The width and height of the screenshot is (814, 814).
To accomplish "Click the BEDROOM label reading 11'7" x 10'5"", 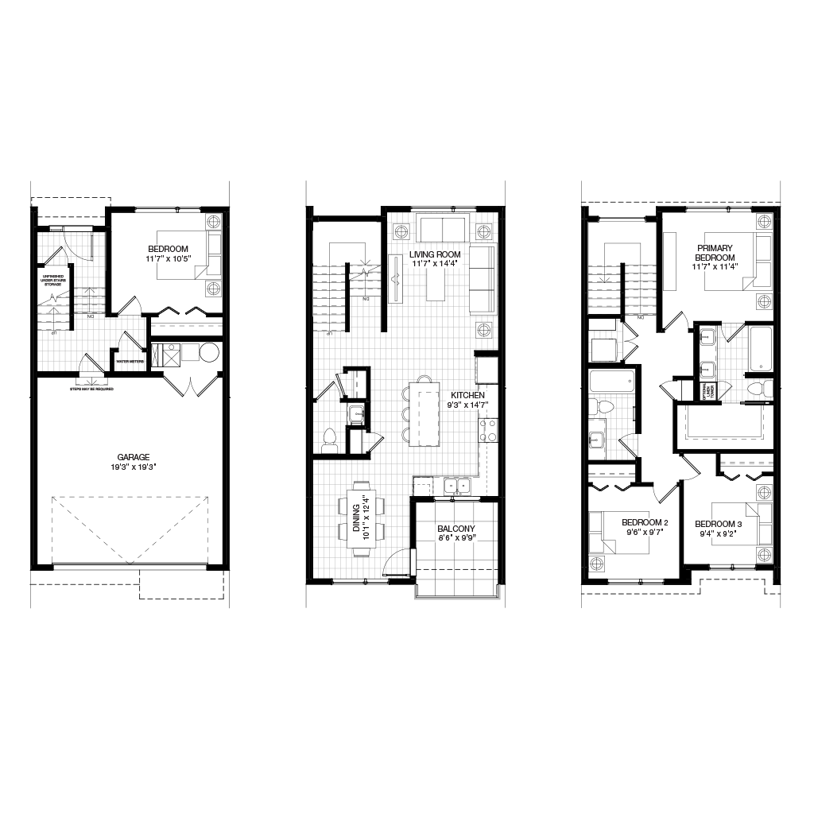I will (168, 249).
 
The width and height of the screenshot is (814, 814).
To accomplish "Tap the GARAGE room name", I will (134, 458).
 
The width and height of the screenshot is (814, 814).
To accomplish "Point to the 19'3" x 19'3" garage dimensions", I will (134, 467).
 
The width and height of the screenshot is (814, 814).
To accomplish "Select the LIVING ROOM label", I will (435, 254).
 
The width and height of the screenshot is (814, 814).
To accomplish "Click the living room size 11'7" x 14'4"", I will (435, 264).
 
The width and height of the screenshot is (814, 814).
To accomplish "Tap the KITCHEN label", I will (467, 395).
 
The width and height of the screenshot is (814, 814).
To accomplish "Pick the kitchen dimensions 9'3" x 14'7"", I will (467, 405).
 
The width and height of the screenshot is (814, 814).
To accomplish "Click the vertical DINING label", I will (356, 517).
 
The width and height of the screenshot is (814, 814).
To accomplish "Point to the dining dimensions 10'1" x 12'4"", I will (366, 517).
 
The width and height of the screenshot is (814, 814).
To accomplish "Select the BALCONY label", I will (456, 529).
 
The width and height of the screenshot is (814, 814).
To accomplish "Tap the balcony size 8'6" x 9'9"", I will (456, 538).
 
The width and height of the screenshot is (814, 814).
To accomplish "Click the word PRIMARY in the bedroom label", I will (715, 249).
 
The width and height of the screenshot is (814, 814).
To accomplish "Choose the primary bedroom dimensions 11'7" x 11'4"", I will (715, 267).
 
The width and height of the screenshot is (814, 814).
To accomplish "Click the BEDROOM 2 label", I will (645, 523).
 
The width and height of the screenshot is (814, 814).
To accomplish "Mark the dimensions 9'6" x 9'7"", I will (645, 533).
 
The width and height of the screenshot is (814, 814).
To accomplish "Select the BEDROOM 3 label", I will (719, 524).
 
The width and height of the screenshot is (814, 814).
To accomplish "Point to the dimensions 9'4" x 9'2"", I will (719, 533).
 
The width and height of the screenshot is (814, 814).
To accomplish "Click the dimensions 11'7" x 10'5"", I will (168, 258).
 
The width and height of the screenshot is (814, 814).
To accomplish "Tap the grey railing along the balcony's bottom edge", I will (457, 598).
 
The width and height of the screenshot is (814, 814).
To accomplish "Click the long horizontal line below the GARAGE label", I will (130, 570).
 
